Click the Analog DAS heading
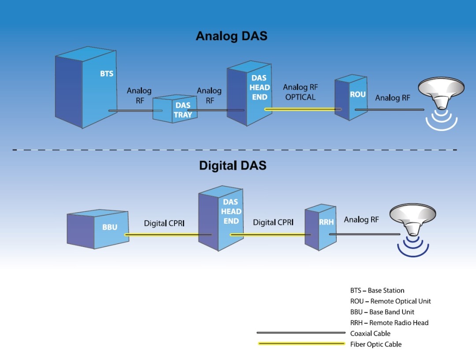click(x=231, y=36)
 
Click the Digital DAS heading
click(x=232, y=165)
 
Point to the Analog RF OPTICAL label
click(x=300, y=92)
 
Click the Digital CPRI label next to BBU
click(x=164, y=224)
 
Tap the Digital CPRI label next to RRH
click(x=273, y=223)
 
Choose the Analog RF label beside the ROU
click(x=393, y=98)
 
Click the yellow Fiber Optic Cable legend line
click(x=301, y=344)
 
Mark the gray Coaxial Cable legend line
click(x=301, y=333)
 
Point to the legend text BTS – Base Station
click(x=377, y=290)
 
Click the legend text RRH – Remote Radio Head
click(x=389, y=322)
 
